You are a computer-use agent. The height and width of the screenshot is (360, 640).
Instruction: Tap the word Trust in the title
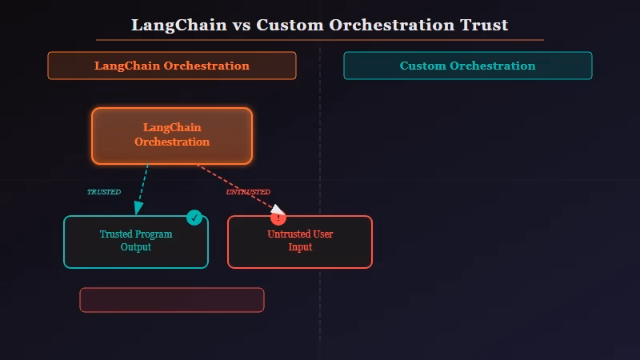click(x=483, y=25)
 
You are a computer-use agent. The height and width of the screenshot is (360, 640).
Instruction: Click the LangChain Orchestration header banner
click(x=171, y=66)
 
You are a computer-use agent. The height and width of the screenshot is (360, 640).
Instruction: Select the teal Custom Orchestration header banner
click(x=467, y=66)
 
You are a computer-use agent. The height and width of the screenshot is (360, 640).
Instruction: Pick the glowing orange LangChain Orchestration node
click(x=171, y=135)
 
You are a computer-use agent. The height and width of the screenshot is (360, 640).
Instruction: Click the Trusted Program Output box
click(x=135, y=242)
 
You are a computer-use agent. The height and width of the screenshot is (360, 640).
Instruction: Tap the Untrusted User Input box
click(x=299, y=242)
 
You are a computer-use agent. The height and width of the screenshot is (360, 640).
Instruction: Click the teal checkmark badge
click(x=194, y=217)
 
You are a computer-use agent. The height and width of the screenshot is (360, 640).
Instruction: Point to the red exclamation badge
click(x=278, y=218)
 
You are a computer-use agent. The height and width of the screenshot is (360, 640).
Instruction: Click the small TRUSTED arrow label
click(x=103, y=192)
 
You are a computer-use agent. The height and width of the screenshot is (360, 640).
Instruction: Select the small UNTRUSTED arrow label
click(x=247, y=192)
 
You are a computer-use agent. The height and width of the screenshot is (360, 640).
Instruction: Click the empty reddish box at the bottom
click(x=171, y=300)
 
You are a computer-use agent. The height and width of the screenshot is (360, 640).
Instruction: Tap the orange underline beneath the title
click(x=320, y=39)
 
